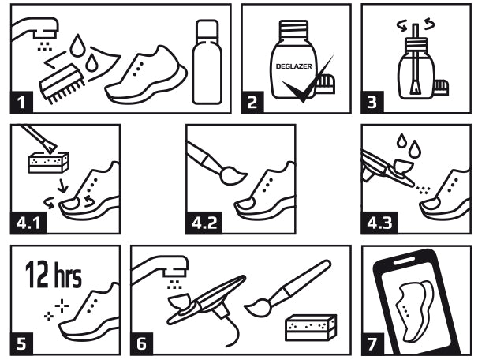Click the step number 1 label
pyautogui.click(x=21, y=102)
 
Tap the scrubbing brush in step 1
pyautogui.click(x=62, y=83)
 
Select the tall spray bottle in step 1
pyautogui.click(x=207, y=62)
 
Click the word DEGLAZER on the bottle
pyautogui.click(x=294, y=66)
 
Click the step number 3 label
pyautogui.click(x=372, y=102)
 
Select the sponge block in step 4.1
pyautogui.click(x=48, y=163)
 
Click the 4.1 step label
pyautogui.click(x=28, y=223)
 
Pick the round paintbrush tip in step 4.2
pyautogui.click(x=233, y=176)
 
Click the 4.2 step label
pyautogui.click(x=204, y=223)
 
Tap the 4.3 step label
pyautogui.click(x=379, y=223)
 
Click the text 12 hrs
pyautogui.click(x=54, y=275)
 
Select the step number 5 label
pyautogui.click(x=21, y=344)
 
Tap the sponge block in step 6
pyautogui.click(x=311, y=327)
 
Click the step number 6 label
pyautogui.click(x=141, y=344)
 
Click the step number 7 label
pyautogui.click(x=372, y=344)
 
